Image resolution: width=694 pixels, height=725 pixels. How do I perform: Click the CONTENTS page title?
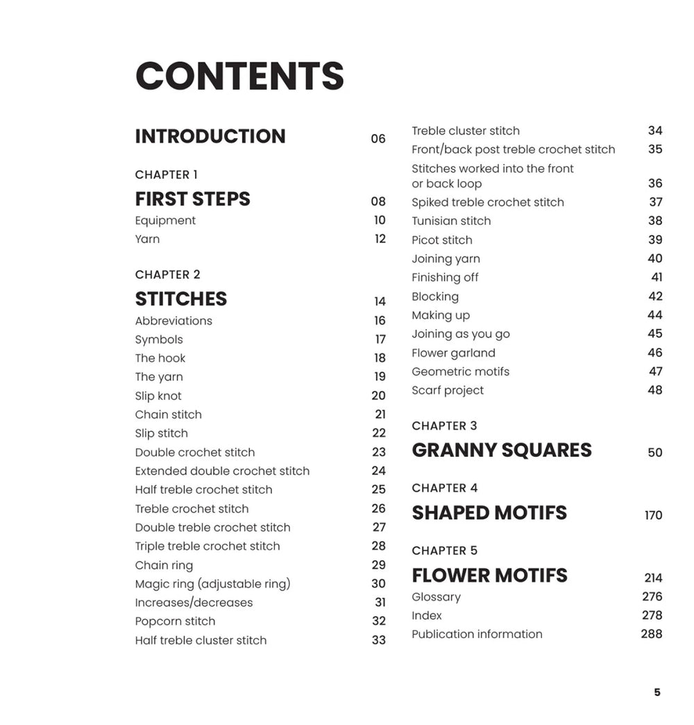tap(239, 76)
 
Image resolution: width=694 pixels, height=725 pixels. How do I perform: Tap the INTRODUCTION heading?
tap(210, 136)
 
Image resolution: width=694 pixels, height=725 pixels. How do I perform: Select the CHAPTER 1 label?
tap(167, 175)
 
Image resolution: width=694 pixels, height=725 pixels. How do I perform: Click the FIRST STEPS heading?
tap(192, 199)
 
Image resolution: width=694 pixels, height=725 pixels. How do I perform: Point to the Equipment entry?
tap(165, 221)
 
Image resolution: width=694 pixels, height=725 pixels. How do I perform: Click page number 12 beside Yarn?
tap(380, 239)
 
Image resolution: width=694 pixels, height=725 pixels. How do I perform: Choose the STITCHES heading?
tap(181, 299)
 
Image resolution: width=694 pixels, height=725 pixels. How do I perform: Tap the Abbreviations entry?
tap(173, 321)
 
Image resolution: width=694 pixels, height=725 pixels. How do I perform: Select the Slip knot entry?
tap(158, 396)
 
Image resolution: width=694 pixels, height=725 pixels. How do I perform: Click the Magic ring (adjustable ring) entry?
tap(212, 584)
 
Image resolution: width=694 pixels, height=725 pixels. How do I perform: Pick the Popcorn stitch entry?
tap(175, 622)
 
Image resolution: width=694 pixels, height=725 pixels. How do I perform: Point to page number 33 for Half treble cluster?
tap(378, 640)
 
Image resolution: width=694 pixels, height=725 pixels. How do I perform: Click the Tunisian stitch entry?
tap(451, 221)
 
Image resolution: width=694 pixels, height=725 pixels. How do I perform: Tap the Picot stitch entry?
tap(442, 240)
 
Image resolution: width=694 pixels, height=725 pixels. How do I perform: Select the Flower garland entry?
tap(453, 353)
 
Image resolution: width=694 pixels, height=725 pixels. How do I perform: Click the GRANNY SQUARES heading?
tap(502, 450)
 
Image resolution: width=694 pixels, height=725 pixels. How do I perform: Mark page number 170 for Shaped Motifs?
tap(653, 515)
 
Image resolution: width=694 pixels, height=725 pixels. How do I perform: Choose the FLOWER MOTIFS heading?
tap(489, 576)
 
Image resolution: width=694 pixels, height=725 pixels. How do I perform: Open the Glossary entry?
tap(436, 597)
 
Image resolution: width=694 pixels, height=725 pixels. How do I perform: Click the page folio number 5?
tap(657, 692)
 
